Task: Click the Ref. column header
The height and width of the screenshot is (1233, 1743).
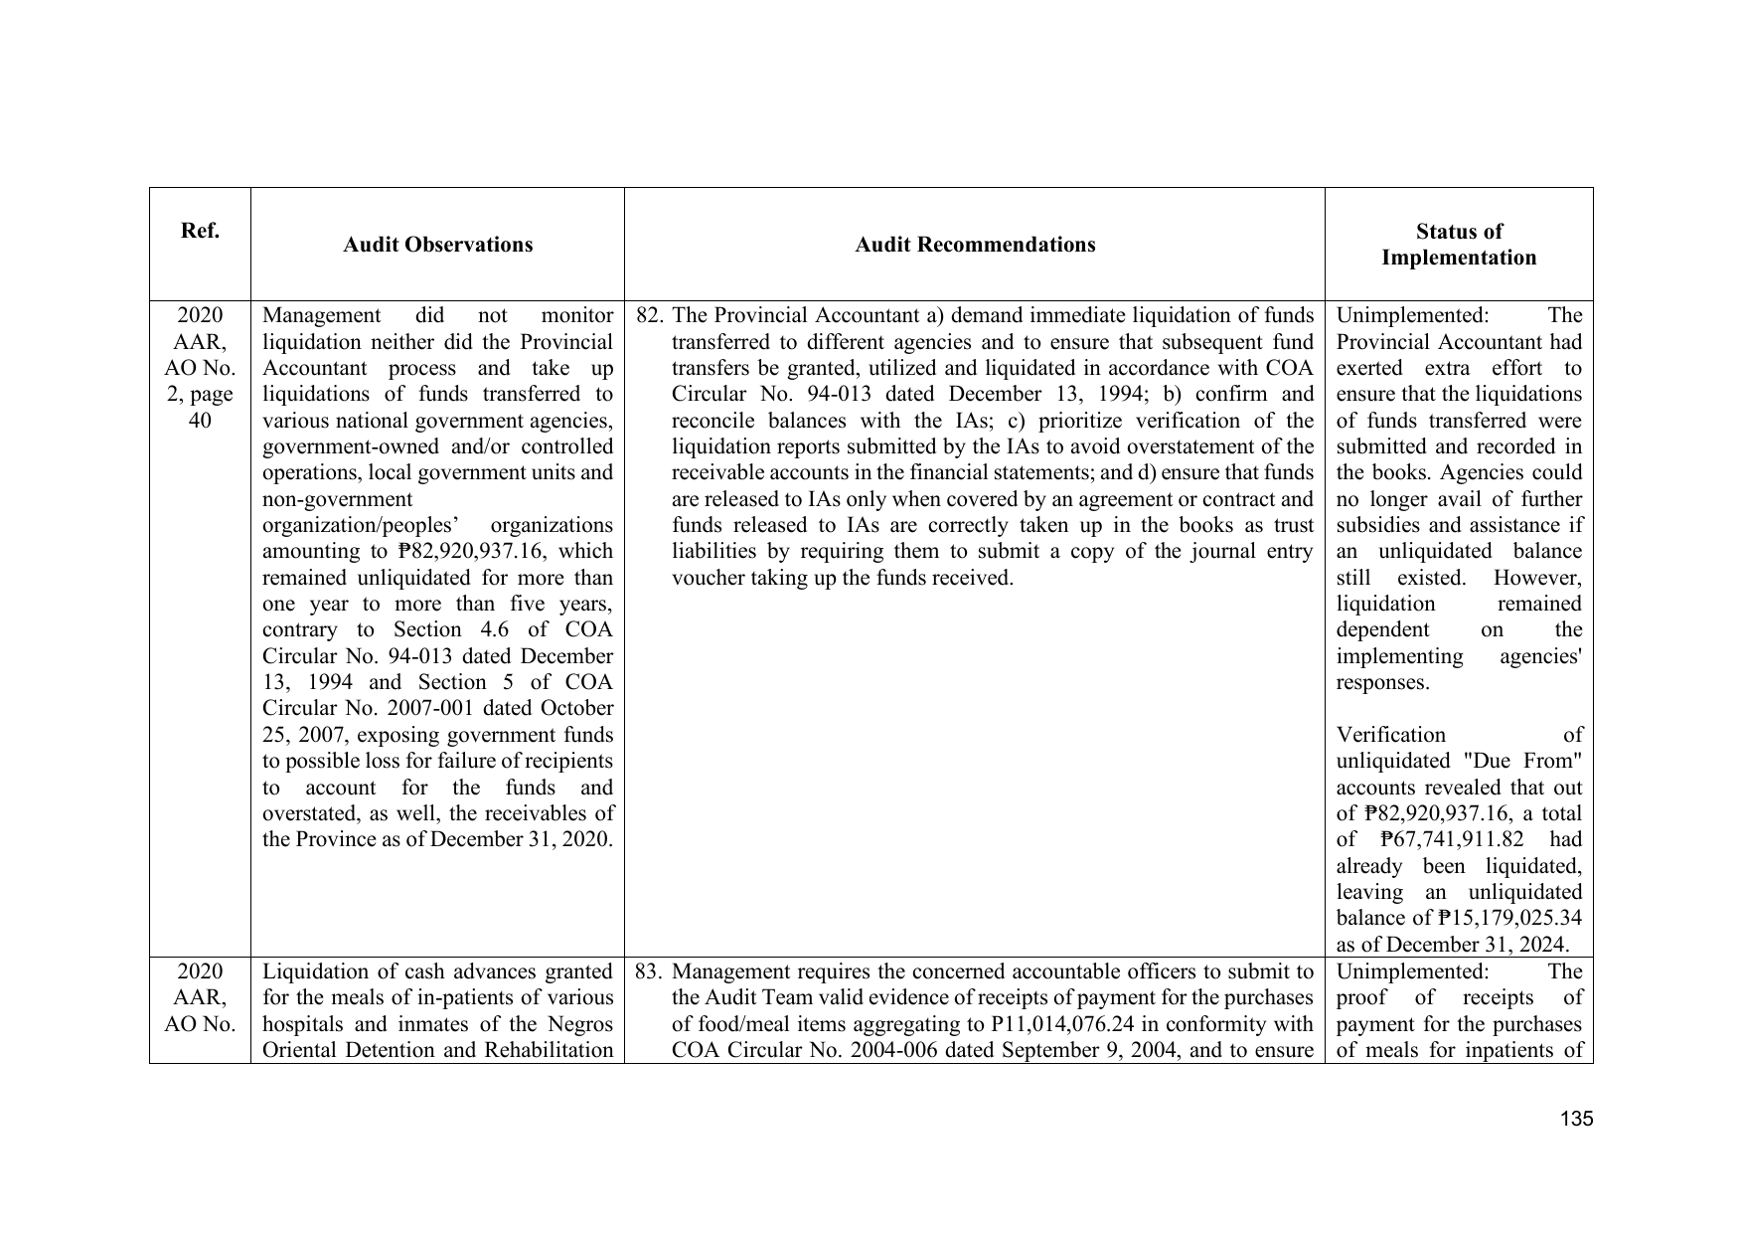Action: click(200, 232)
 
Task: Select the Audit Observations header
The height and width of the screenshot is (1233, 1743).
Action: click(437, 245)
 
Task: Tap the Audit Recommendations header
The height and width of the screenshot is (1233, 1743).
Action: click(975, 245)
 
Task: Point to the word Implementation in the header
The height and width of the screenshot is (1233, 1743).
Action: click(1458, 258)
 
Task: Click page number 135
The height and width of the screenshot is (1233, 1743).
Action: click(1576, 1120)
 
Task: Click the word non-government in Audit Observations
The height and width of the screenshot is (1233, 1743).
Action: click(337, 499)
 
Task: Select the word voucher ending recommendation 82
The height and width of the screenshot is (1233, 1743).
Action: click(704, 578)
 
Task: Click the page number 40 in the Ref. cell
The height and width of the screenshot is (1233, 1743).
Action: click(200, 421)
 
